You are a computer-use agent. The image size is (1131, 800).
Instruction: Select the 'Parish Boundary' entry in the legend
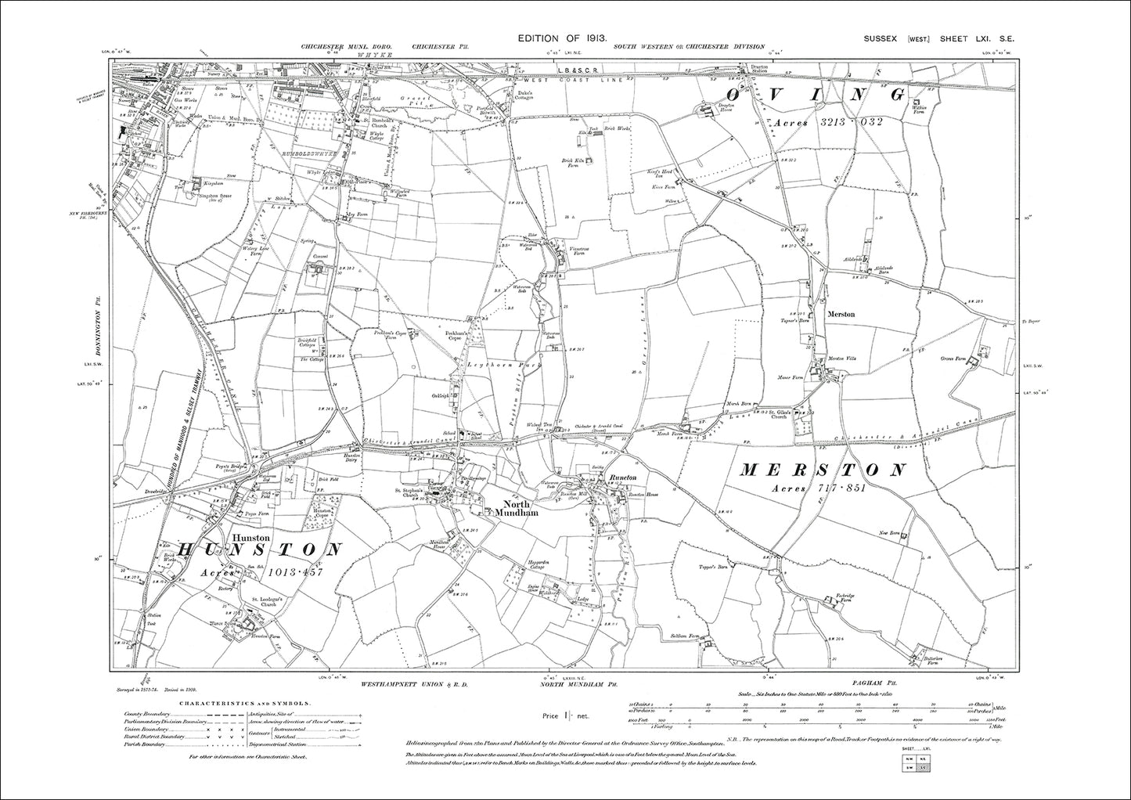(145, 744)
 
